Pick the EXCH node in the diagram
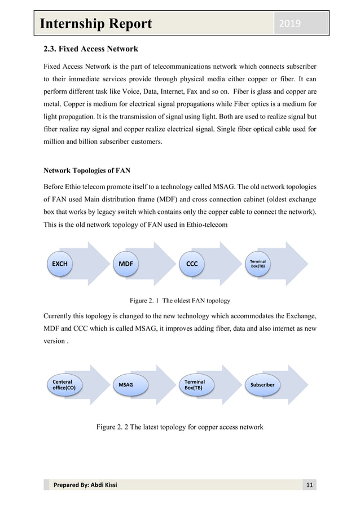[x=59, y=264]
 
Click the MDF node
[x=125, y=264]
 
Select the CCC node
[x=191, y=264]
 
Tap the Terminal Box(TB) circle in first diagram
[x=257, y=264]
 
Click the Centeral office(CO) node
[x=63, y=385]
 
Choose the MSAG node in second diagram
[x=126, y=385]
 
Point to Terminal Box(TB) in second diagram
[x=195, y=385]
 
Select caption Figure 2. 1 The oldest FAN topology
[x=179, y=300]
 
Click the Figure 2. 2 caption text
[x=179, y=427]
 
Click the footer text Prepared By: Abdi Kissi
[x=85, y=485]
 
